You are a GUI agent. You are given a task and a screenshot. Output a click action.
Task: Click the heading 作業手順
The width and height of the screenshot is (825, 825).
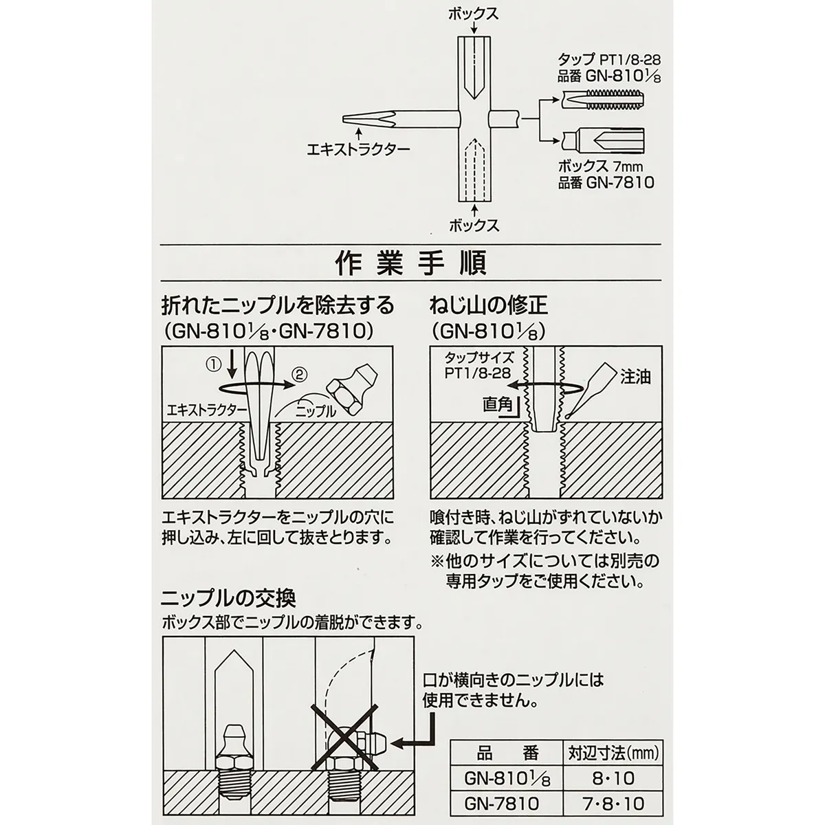click(410, 264)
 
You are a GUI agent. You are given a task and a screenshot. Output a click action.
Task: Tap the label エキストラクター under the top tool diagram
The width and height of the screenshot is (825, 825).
click(358, 149)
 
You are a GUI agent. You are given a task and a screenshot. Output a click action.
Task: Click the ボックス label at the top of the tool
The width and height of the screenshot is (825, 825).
click(474, 14)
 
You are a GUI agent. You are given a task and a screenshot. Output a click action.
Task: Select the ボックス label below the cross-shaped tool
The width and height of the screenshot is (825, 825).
click(474, 225)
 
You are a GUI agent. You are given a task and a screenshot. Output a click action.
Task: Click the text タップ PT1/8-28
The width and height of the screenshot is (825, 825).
click(609, 60)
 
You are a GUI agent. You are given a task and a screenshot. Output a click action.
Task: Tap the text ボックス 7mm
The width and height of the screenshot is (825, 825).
click(600, 166)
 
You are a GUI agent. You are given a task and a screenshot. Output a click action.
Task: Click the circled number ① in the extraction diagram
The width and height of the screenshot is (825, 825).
click(213, 364)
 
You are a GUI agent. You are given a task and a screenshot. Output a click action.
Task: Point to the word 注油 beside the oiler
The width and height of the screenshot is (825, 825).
click(635, 377)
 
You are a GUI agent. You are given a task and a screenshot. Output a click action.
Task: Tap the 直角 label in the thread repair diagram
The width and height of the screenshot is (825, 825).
click(498, 404)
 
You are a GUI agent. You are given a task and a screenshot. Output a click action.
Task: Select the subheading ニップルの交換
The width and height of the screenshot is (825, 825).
click(228, 599)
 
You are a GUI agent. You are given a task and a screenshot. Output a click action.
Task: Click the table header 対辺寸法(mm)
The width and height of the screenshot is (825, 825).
click(613, 752)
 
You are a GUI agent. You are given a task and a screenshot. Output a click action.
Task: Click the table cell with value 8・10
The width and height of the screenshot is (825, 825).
click(613, 778)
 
